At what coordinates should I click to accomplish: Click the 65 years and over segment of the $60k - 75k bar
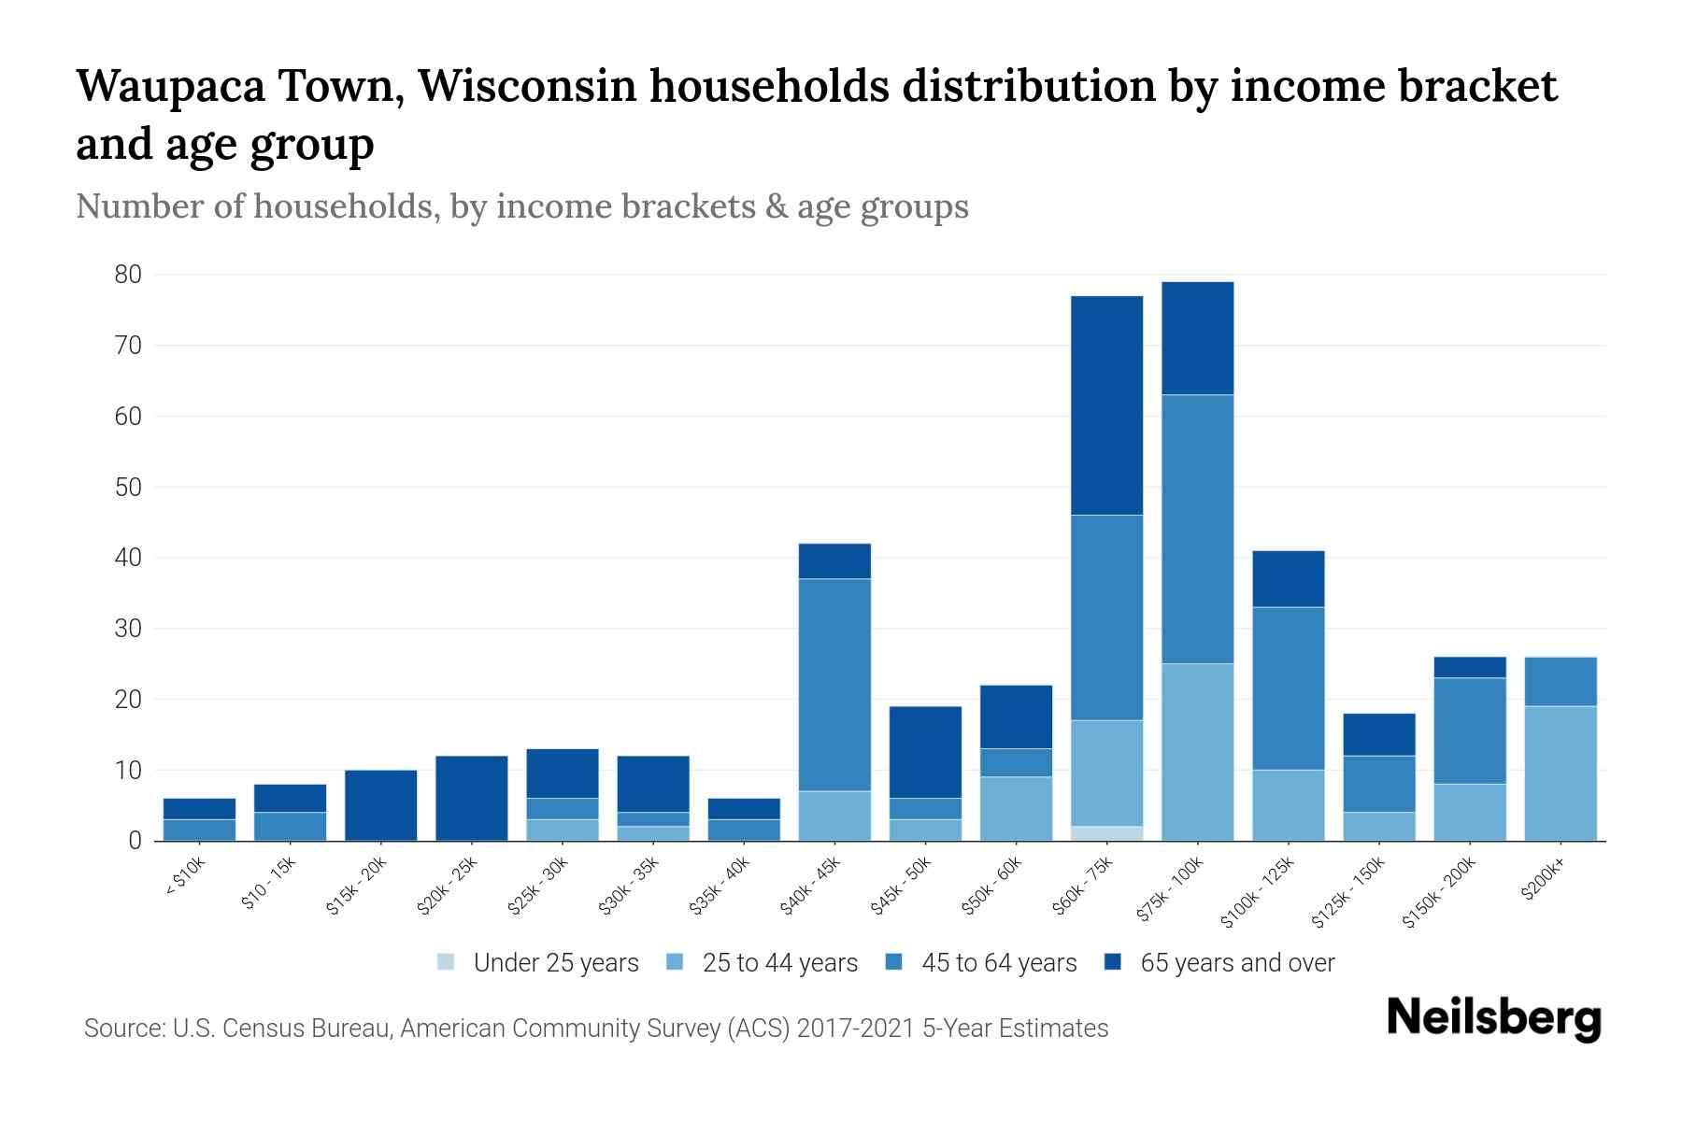click(1106, 405)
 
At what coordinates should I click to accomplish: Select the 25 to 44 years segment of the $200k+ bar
click(1561, 773)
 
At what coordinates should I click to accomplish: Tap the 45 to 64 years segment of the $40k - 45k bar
click(834, 685)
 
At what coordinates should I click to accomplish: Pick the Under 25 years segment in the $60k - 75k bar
click(1106, 833)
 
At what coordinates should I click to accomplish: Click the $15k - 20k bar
click(381, 805)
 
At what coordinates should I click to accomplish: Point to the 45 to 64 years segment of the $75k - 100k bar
click(1197, 529)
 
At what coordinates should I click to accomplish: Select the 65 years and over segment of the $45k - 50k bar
click(925, 752)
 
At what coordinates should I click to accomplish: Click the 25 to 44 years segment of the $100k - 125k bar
click(1288, 805)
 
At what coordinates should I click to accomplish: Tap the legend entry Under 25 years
click(555, 963)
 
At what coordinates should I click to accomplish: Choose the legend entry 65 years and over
click(1236, 963)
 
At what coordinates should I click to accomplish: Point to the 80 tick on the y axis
click(128, 275)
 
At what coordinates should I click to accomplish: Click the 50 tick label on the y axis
click(128, 488)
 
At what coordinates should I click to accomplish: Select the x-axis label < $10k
click(185, 879)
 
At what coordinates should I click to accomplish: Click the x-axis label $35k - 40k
click(719, 888)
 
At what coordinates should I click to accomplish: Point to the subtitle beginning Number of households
click(521, 206)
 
